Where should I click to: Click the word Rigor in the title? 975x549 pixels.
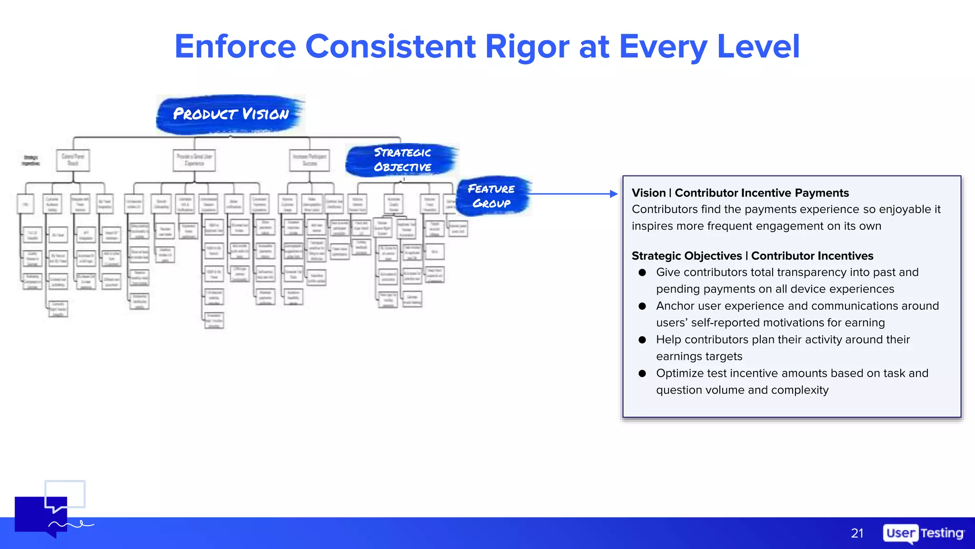click(527, 47)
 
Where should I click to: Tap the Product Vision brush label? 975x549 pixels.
click(231, 114)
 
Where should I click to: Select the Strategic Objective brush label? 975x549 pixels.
click(402, 160)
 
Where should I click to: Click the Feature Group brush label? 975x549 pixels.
click(492, 196)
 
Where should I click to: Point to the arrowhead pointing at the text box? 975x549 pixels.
click(614, 194)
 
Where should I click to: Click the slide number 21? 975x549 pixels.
click(857, 533)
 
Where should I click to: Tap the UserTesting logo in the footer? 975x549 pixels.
click(923, 533)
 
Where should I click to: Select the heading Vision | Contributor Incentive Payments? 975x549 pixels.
click(740, 193)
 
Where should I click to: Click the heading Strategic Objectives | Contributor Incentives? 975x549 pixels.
click(752, 256)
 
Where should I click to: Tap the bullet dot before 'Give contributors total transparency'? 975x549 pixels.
click(642, 273)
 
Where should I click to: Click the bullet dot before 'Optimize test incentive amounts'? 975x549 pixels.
click(642, 374)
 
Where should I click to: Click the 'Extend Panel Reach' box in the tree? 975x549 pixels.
click(73, 160)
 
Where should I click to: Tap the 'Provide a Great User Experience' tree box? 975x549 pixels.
click(194, 160)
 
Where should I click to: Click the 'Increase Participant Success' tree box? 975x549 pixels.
click(309, 160)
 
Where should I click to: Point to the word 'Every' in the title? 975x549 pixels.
click(663, 47)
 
